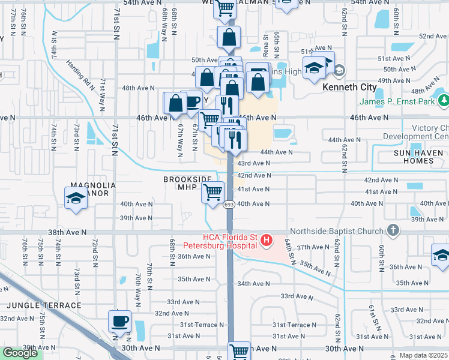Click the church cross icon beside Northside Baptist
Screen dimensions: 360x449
[x=393, y=230]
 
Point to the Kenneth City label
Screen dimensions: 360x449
[x=349, y=88]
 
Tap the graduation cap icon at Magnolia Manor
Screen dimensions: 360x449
[x=76, y=197]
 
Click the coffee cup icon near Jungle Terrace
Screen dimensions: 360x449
[x=119, y=320]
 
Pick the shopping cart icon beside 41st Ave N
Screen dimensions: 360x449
[x=213, y=193]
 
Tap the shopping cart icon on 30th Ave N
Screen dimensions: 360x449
[x=240, y=352]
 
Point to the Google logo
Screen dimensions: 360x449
[x=20, y=353]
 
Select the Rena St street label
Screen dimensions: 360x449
[x=266, y=44]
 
